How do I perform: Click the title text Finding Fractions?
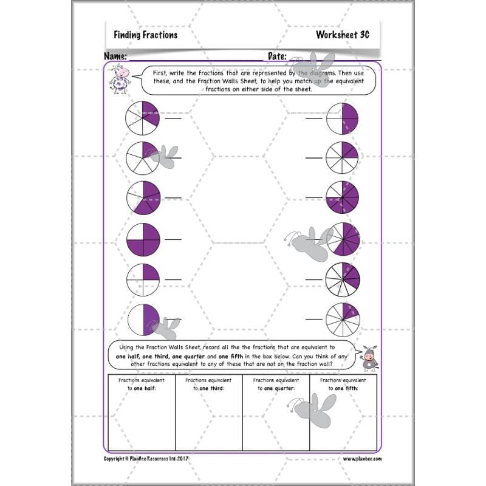tap(145, 35)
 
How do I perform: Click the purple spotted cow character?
tap(120, 79)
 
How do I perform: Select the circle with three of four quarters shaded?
tap(143, 239)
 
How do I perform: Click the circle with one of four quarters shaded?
tap(143, 280)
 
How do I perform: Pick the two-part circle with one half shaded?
tap(143, 320)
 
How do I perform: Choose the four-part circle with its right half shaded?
tap(343, 118)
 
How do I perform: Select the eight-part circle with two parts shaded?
tap(343, 159)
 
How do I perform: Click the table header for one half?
tap(141, 384)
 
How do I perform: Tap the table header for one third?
tap(208, 384)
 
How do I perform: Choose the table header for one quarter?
tap(276, 384)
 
